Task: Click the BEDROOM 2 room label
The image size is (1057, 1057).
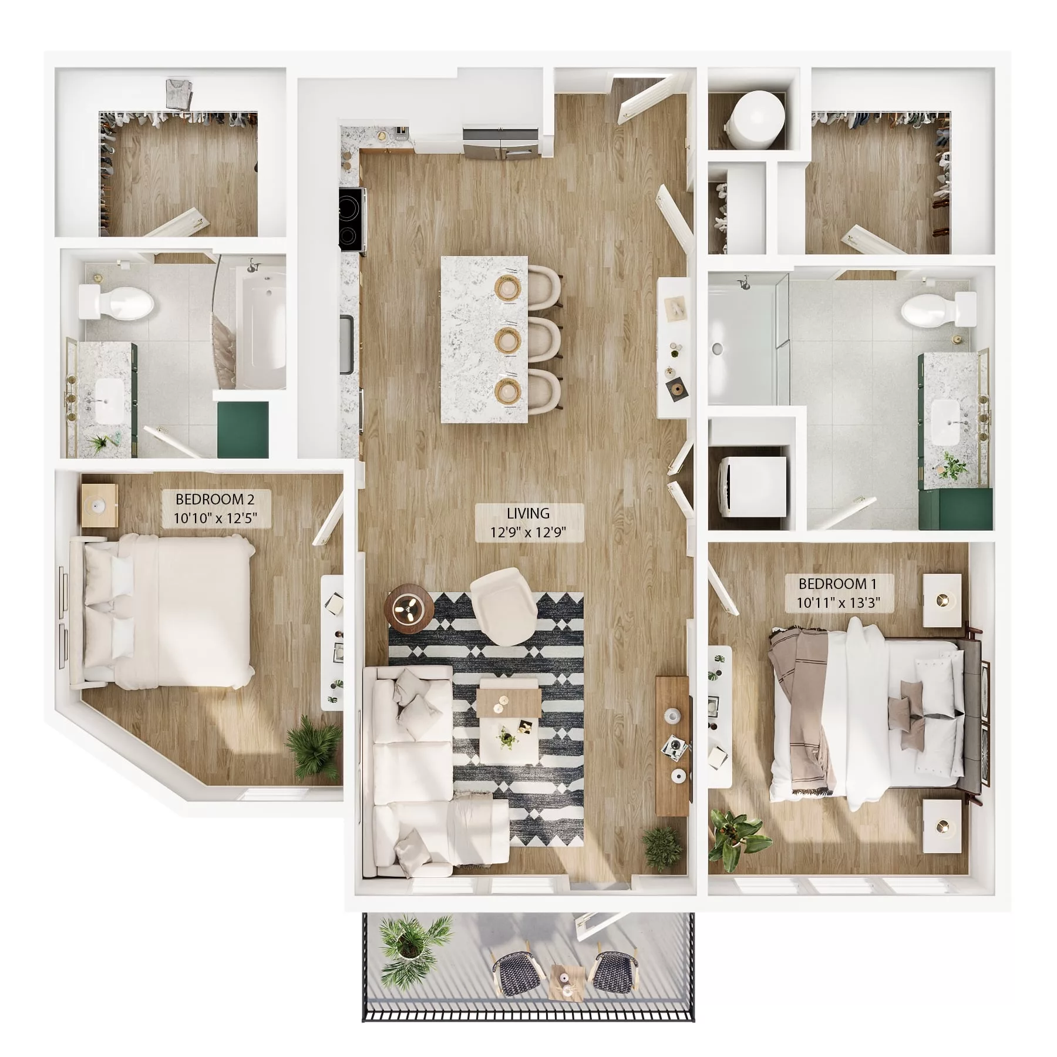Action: pyautogui.click(x=216, y=509)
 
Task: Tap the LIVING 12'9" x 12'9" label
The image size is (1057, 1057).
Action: pyautogui.click(x=528, y=523)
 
